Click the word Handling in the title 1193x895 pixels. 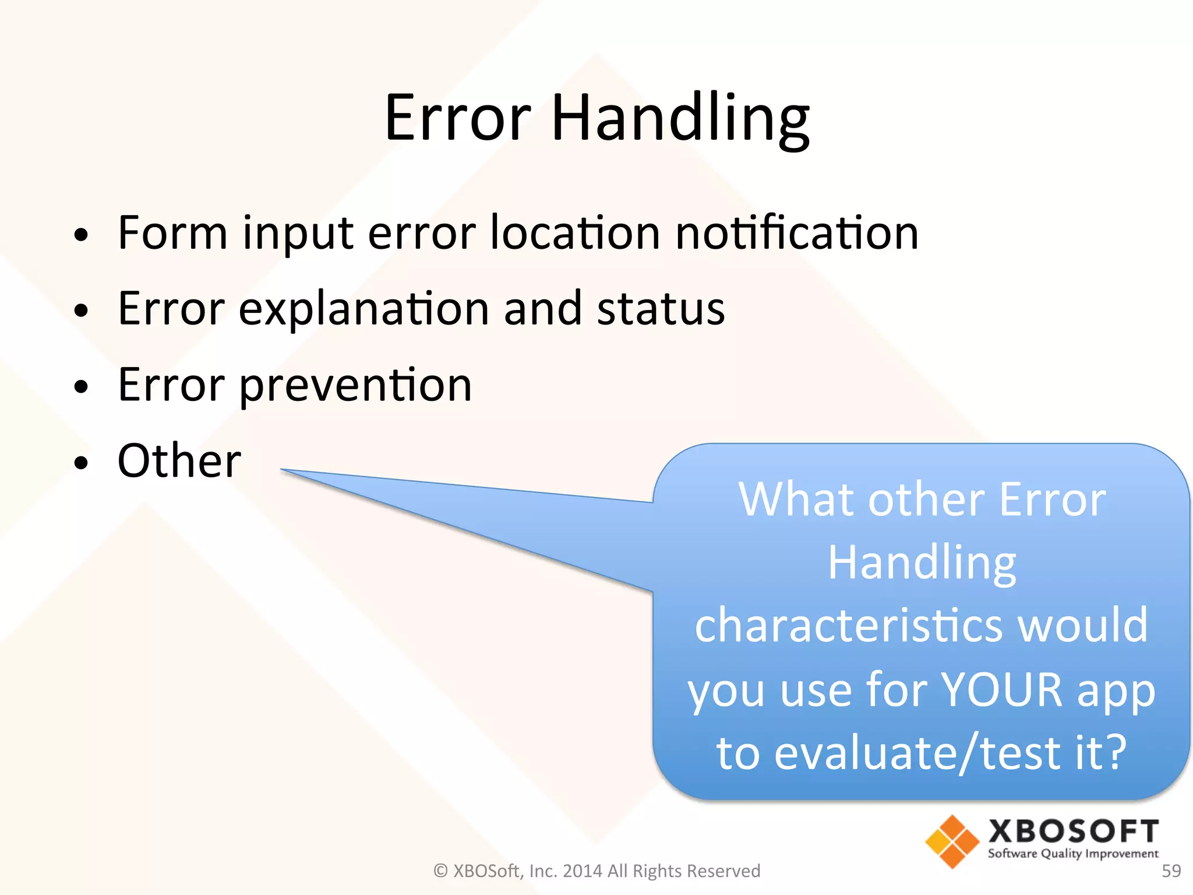680,119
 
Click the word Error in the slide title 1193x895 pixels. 458,119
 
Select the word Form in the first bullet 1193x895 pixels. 172,233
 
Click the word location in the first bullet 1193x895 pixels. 575,233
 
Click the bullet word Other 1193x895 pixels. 179,461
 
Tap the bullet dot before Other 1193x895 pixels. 82,463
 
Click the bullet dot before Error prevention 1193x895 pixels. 82,386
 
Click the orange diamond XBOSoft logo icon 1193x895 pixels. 952,841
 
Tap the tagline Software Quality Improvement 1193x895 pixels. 1073,854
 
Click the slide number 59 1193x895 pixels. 1171,871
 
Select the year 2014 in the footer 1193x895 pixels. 582,871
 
